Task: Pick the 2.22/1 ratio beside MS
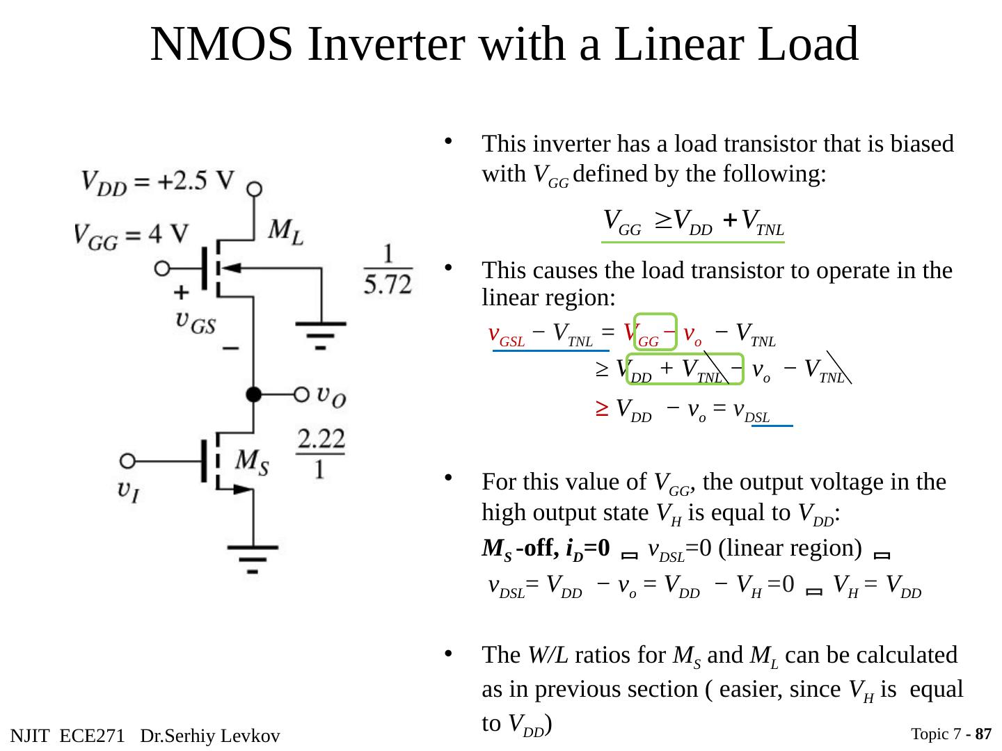321,453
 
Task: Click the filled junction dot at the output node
255,394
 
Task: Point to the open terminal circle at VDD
255,189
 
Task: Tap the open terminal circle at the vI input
127,461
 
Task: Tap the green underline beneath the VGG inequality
693,242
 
